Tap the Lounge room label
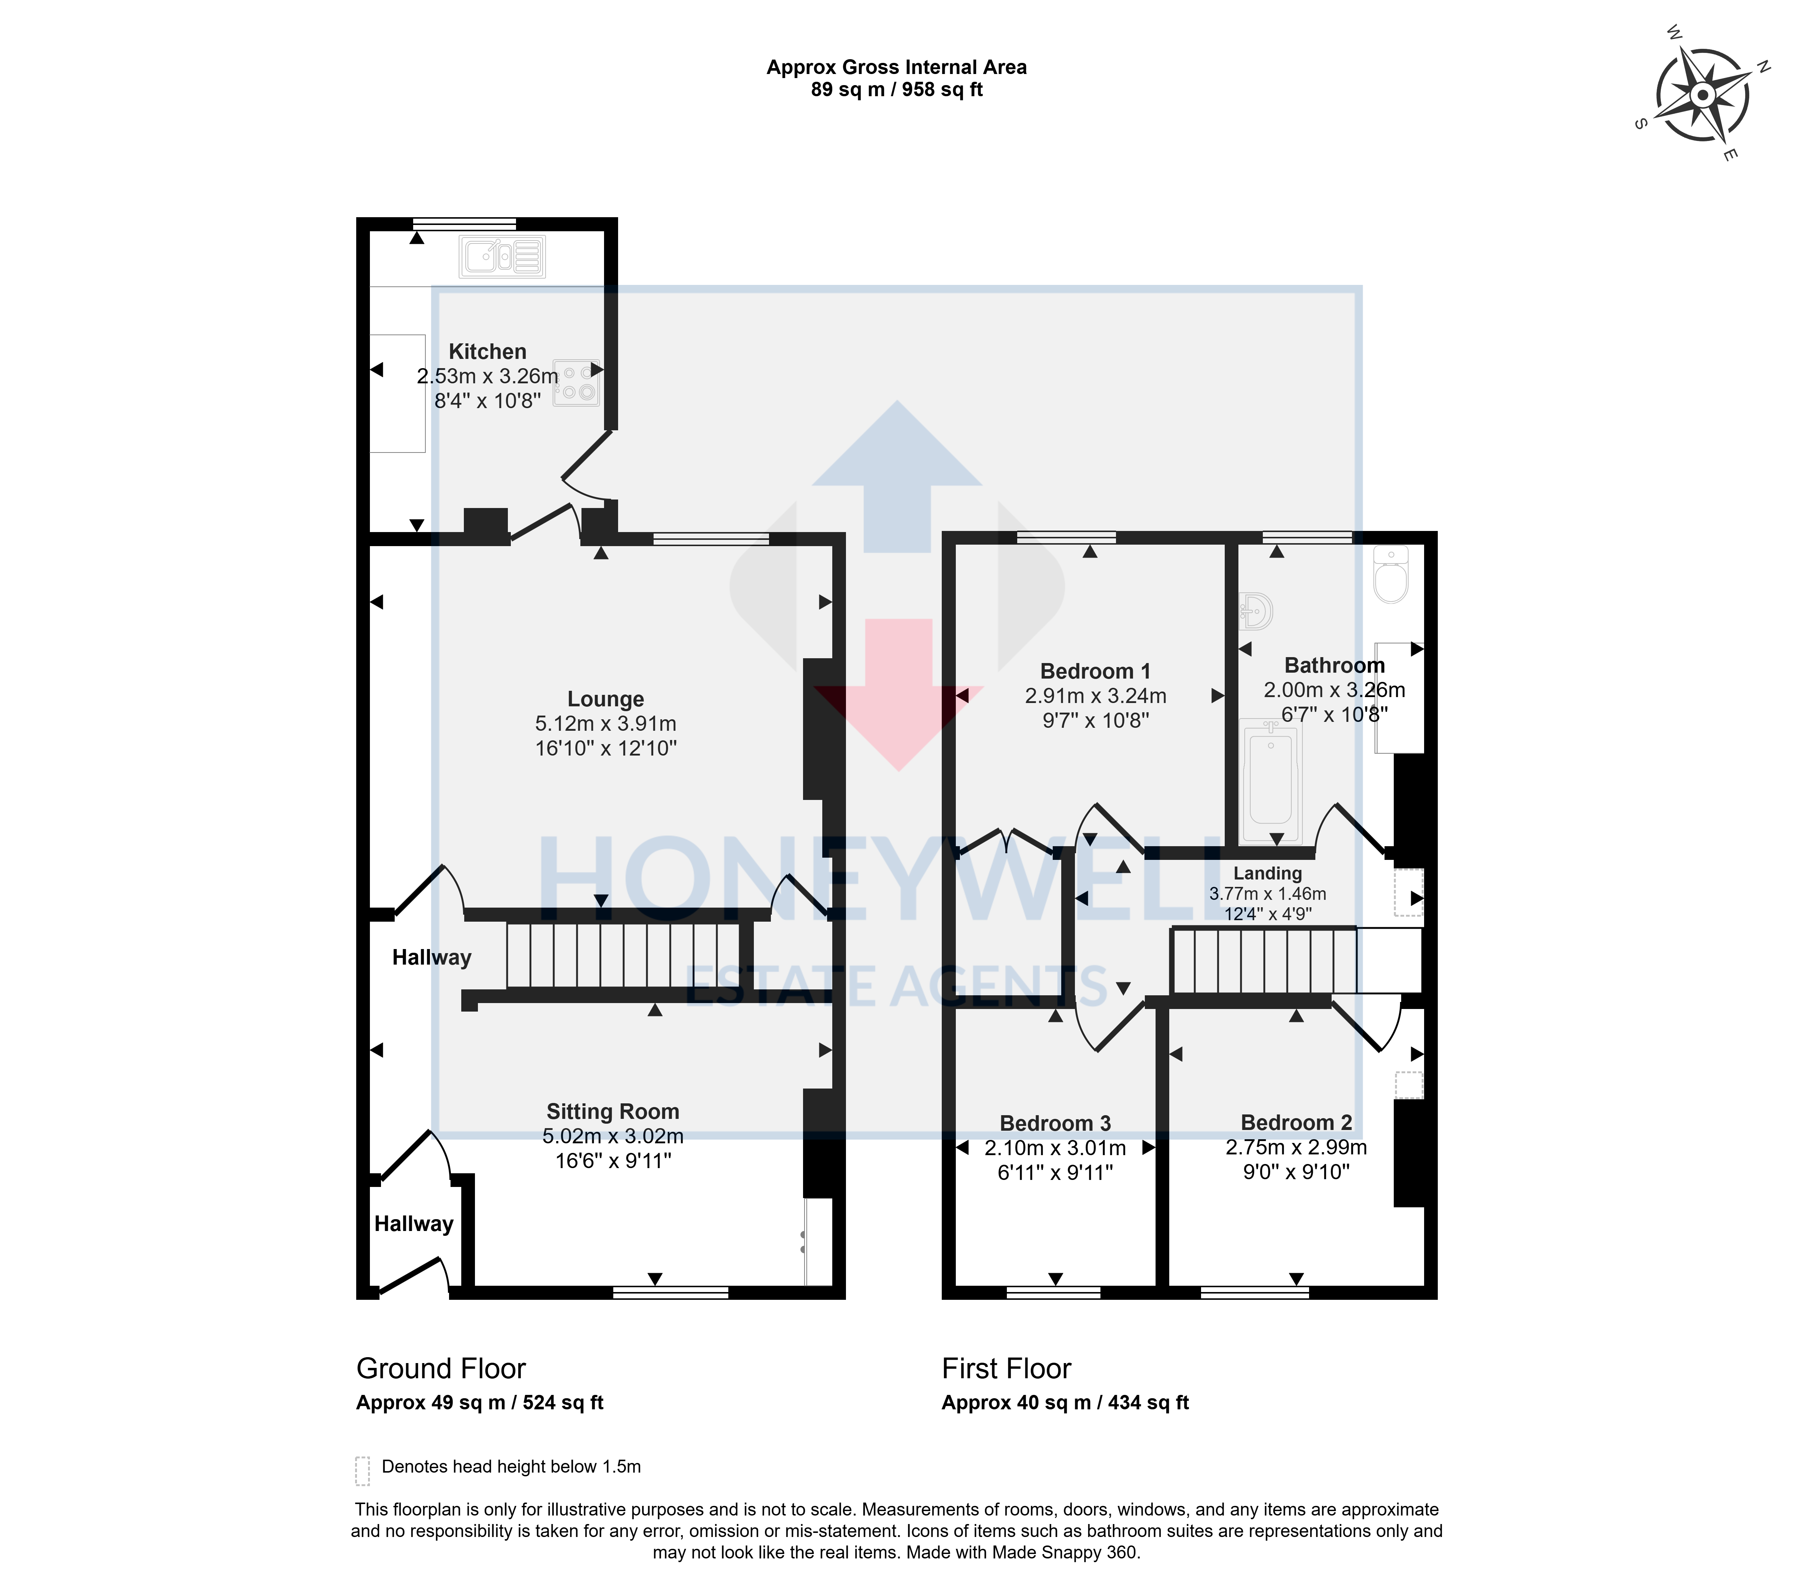[x=606, y=699]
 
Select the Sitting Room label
[x=613, y=1111]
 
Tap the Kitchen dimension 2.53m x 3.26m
[x=487, y=376]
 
